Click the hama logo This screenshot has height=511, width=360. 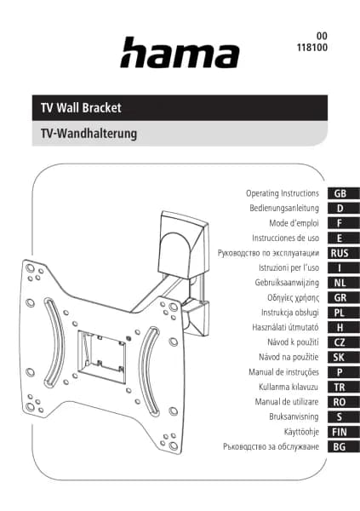point(180,53)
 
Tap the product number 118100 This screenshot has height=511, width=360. point(311,48)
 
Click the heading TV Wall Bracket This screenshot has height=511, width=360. point(81,108)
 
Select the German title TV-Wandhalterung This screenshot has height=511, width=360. point(89,134)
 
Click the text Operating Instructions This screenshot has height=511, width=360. point(283,193)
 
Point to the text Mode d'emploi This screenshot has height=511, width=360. point(294,223)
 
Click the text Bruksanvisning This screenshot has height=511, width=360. point(294,416)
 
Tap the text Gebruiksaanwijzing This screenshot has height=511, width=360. point(287,283)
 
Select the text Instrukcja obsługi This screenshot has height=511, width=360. point(290,313)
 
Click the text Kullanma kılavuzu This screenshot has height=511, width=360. point(289,388)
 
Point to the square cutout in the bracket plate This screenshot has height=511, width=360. point(101,357)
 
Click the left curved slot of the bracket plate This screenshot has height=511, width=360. point(54,342)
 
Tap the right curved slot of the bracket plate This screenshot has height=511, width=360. point(149,370)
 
